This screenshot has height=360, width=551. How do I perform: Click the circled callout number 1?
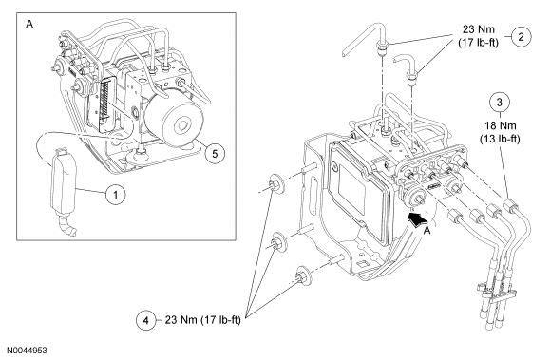click(116, 194)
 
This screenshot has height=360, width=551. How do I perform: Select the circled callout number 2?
click(522, 36)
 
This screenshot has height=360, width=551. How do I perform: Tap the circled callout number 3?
click(500, 103)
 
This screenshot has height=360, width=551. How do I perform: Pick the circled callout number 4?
click(145, 320)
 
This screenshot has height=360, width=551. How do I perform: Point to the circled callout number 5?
click(215, 154)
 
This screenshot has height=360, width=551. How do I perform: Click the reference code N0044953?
click(27, 351)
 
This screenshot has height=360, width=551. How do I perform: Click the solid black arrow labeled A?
click(418, 219)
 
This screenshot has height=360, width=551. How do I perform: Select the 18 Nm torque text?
click(500, 125)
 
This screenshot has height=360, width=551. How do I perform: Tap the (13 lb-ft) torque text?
click(500, 139)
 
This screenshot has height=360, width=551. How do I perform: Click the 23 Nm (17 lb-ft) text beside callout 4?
click(202, 320)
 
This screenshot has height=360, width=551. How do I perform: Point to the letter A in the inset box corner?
click(29, 25)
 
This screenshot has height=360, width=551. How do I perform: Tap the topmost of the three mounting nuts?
click(276, 184)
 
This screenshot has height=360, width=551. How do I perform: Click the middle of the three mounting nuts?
click(278, 243)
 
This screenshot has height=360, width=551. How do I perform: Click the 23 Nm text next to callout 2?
click(478, 29)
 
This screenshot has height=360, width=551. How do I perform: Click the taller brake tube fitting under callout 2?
click(382, 47)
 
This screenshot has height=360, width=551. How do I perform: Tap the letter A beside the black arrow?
click(427, 231)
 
